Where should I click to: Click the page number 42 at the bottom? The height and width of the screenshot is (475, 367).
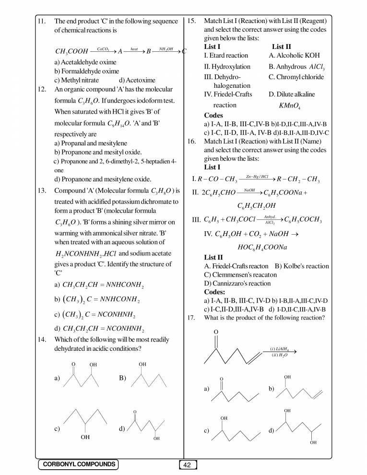(188, 464)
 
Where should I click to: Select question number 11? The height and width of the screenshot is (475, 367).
(41, 22)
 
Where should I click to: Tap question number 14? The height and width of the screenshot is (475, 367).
(41, 340)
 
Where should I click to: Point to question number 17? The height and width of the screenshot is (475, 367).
(191, 318)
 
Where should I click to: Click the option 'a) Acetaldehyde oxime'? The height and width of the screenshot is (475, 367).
(85, 62)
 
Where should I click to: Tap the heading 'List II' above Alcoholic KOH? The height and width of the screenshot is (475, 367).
(281, 47)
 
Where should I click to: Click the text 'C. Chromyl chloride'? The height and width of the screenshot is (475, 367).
(296, 77)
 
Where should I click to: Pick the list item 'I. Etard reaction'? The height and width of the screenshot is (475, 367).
(226, 56)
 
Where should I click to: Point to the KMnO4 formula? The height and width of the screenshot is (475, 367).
(289, 106)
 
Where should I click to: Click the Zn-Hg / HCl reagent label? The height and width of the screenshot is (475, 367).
(257, 176)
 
